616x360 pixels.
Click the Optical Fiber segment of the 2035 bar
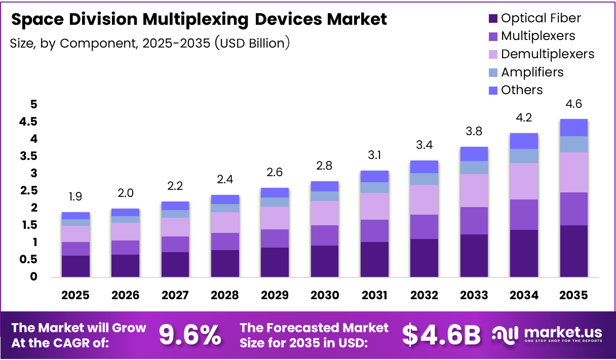coord(573,251)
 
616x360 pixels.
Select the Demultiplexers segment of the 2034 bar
coord(524,181)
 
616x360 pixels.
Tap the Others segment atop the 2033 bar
coord(474,154)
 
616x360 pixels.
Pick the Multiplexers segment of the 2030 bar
coord(324,235)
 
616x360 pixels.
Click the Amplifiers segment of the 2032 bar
coord(424,179)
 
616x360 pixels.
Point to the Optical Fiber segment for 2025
coord(75,266)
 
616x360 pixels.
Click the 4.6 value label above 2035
coord(573,104)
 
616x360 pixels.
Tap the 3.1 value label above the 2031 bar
coord(374,156)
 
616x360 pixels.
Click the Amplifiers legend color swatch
coord(493,72)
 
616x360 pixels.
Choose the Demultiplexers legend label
coord(548,54)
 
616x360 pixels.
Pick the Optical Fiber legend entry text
coord(541,18)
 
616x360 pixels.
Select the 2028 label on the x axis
coord(225,295)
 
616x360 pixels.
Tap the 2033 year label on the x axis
coord(474,295)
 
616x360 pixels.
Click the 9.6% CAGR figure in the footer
coord(190,335)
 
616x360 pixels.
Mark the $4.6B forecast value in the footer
coord(441,335)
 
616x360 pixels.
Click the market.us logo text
coord(563,332)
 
